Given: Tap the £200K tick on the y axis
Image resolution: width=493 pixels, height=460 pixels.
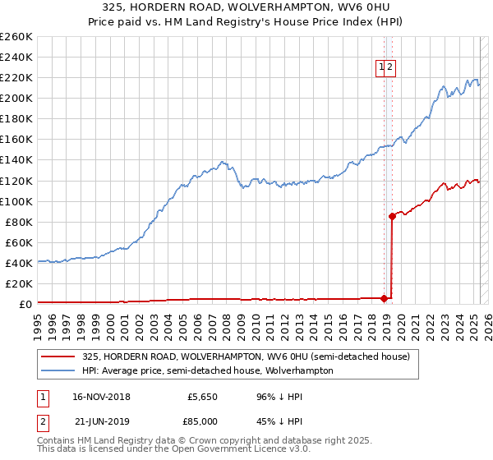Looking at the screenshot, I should [16, 98].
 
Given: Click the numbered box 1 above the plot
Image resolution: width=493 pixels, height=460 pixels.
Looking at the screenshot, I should [383, 69].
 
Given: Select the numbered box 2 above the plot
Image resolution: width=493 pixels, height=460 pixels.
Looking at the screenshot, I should [392, 69].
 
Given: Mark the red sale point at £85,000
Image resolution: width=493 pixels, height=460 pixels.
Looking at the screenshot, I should [392, 216].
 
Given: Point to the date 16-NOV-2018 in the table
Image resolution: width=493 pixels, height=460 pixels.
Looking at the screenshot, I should [101, 397].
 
